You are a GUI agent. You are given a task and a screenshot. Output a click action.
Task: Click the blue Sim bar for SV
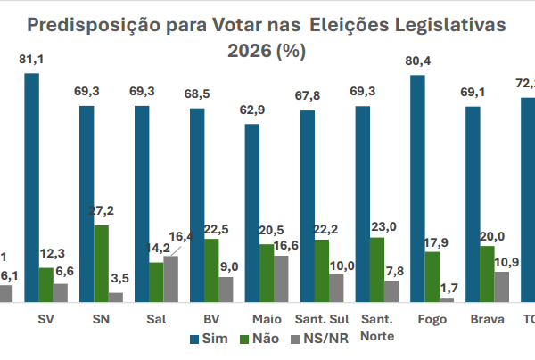click(31, 187)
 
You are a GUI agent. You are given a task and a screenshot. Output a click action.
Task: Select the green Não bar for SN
click(102, 264)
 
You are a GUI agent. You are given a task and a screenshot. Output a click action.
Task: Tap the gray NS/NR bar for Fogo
click(446, 299)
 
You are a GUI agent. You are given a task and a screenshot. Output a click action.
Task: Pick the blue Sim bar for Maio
click(252, 213)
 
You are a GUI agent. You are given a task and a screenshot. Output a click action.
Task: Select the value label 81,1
click(32, 60)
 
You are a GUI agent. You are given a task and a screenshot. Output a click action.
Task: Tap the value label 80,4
click(418, 61)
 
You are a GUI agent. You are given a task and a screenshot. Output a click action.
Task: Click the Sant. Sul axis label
click(321, 318)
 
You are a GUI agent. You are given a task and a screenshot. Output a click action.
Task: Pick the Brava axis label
click(487, 318)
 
